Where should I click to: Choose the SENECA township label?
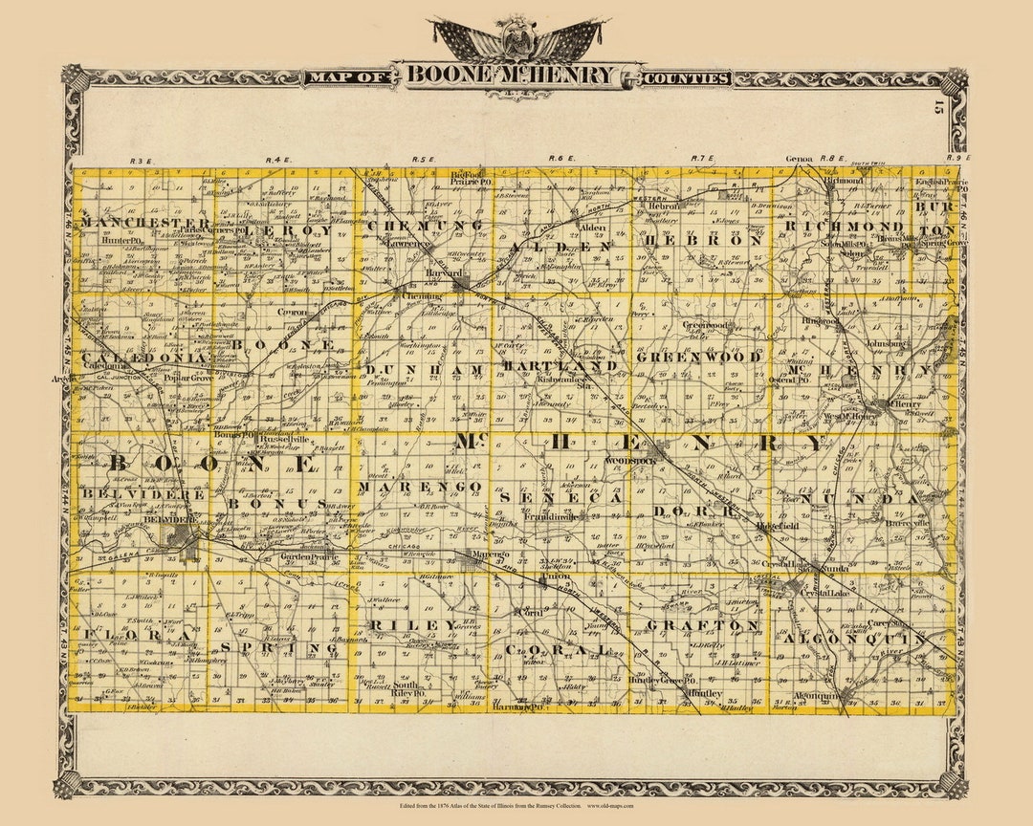[560, 499]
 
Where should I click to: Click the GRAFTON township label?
[703, 625]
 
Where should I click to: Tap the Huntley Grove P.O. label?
[660, 680]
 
